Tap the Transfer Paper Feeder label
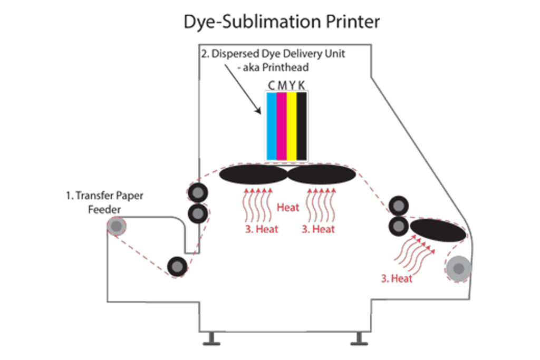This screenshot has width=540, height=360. [104, 202]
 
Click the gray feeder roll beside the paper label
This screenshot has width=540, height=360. [117, 227]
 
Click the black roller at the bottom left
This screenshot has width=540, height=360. [177, 266]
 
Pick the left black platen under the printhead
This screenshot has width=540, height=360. [253, 175]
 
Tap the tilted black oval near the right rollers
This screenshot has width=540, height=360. [438, 231]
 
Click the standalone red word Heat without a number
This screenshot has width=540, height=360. [288, 207]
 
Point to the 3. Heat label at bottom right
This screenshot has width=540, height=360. [397, 279]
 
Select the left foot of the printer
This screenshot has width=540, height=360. [211, 338]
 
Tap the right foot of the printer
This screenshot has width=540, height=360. [360, 338]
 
